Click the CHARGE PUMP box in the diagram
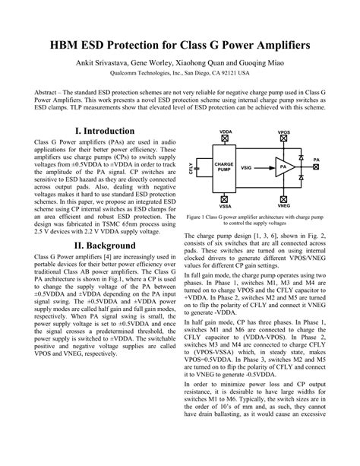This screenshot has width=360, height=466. (224, 166)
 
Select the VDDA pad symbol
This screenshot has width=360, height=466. (226, 140)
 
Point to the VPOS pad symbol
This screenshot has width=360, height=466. (283, 140)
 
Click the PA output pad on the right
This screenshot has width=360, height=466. (316, 166)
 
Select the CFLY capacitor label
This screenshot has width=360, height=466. (191, 167)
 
